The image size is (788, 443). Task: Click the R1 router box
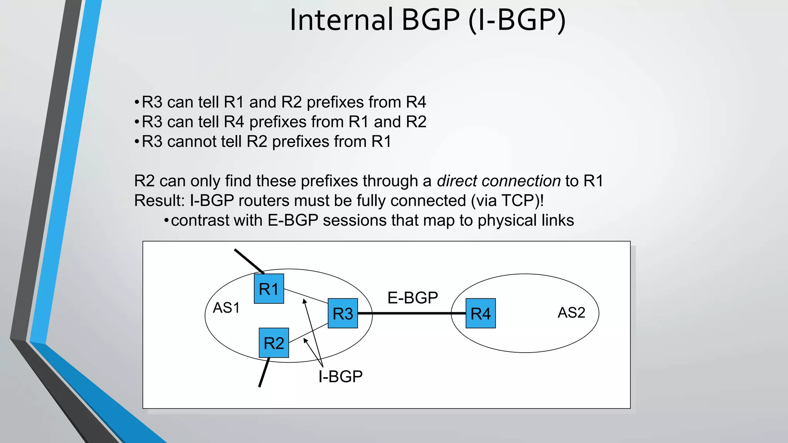click(x=269, y=289)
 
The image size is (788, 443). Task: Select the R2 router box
click(x=274, y=343)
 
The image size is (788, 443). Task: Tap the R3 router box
click(x=343, y=313)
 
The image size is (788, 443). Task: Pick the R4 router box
click(x=481, y=313)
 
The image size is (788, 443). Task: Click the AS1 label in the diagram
click(x=226, y=308)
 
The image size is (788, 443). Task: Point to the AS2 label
click(x=571, y=313)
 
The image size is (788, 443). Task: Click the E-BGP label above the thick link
click(x=412, y=298)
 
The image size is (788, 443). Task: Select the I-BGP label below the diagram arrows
click(x=341, y=376)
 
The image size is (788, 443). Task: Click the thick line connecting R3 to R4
click(x=412, y=313)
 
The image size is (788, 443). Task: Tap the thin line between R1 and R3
click(x=306, y=296)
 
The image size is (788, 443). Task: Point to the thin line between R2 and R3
click(x=308, y=333)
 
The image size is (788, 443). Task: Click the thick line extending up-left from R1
click(x=249, y=261)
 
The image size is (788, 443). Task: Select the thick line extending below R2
click(x=264, y=372)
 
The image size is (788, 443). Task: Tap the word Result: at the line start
click(x=159, y=201)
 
